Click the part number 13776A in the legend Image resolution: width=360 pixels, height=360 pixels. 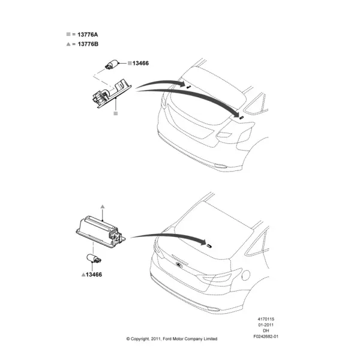pos(88,34)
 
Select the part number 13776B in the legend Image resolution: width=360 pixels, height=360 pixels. pos(88,44)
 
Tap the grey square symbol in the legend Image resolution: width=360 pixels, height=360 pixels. pos(68,34)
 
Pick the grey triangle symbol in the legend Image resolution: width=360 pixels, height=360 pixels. pos(68,44)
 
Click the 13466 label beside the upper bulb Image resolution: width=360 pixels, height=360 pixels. pos(140,63)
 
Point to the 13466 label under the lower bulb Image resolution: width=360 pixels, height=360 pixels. pos(94,274)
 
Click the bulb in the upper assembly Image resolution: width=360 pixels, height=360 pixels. pos(112,64)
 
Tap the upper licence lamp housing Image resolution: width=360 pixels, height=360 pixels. pos(112,93)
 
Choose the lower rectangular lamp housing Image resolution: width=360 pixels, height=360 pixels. pos(101,232)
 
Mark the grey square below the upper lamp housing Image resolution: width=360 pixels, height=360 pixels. pos(116,113)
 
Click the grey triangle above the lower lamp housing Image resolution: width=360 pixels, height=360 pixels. pos(103,206)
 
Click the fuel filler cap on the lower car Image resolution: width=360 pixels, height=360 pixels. pos(245,275)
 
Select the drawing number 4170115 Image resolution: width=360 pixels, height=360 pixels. pos(266,319)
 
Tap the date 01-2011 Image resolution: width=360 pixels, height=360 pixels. pos(266,325)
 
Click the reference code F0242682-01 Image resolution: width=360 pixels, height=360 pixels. pos(266,337)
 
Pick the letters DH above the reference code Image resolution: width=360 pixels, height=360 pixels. pos(266,331)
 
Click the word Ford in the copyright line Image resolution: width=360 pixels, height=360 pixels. pos(167,338)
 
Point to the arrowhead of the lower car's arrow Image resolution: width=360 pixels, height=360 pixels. pos(203,242)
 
